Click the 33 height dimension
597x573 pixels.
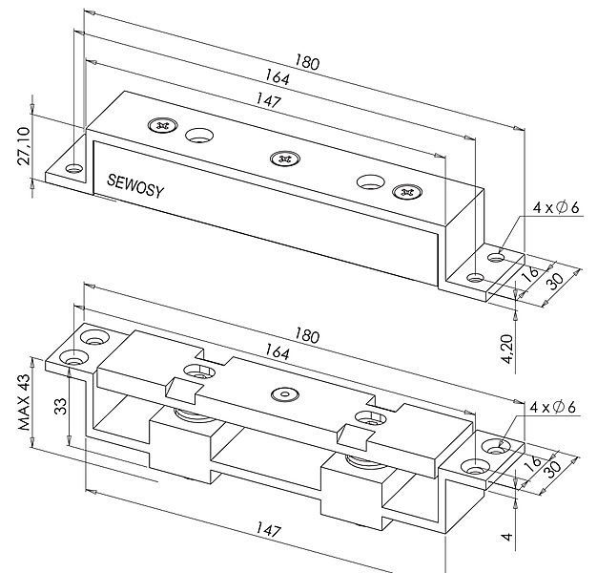60,410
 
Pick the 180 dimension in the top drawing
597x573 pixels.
307,64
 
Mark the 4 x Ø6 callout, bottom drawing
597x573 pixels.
557,410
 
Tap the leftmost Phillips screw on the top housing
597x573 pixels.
161,125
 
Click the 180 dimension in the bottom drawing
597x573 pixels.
307,336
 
